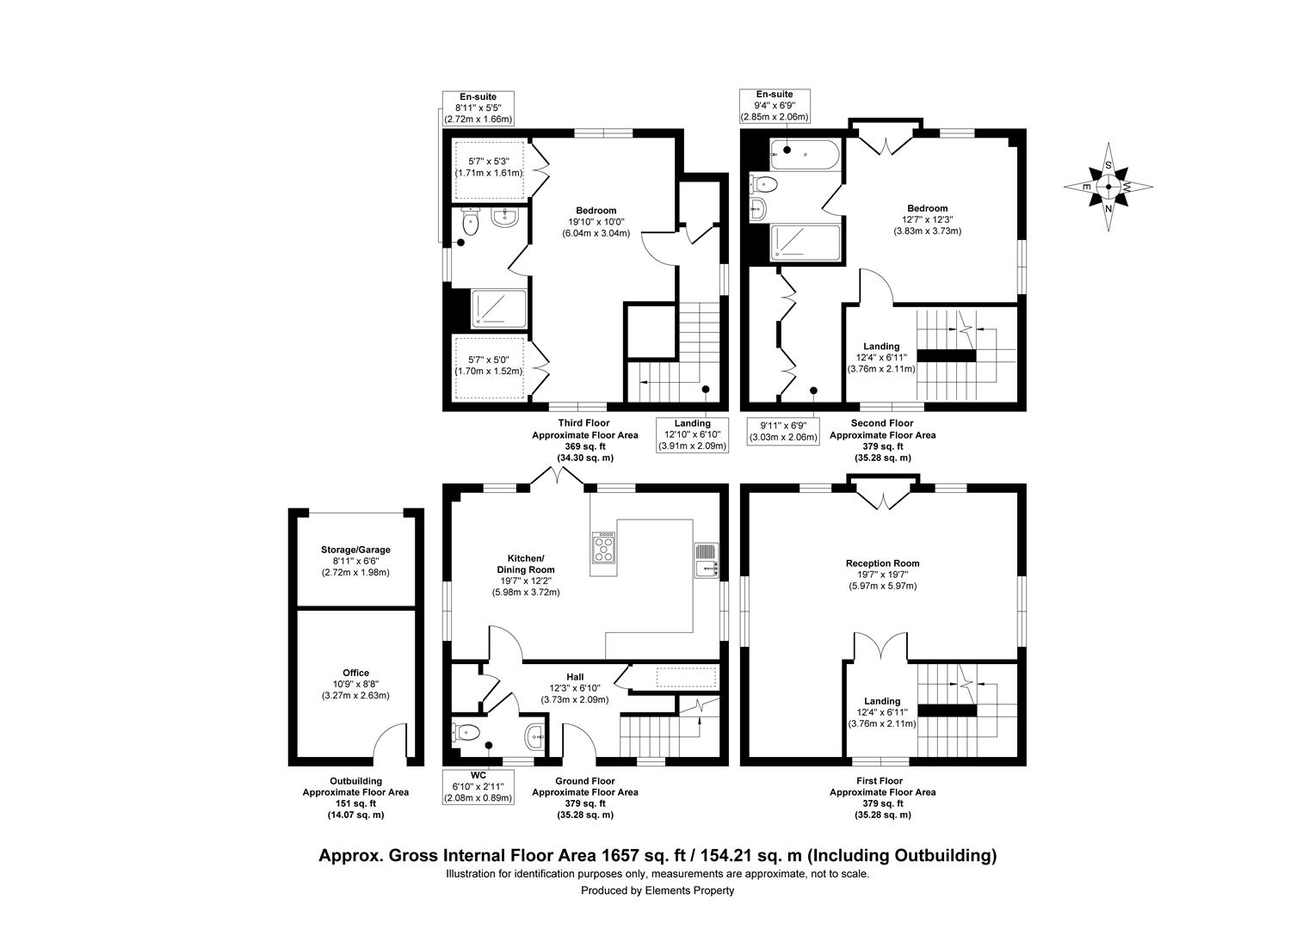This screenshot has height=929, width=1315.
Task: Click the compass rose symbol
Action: tap(1108, 187)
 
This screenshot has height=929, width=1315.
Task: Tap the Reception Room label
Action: tap(882, 563)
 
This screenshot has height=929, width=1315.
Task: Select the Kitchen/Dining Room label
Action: tap(526, 564)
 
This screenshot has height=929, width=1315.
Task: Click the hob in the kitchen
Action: tap(604, 548)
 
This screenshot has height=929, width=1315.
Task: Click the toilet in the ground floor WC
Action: tap(466, 732)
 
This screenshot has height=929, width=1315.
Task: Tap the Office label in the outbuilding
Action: tap(355, 674)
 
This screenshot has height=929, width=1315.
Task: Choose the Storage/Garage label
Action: tap(355, 550)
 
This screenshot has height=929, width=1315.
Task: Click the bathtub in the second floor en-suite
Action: tap(805, 155)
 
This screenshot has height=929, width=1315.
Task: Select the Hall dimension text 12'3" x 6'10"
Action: tap(575, 688)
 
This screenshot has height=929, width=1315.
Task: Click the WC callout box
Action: tap(478, 787)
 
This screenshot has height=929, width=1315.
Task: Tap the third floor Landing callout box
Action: tap(692, 435)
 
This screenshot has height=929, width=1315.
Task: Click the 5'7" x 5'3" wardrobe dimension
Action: tap(489, 162)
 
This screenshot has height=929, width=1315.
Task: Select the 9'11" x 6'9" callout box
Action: tap(782, 431)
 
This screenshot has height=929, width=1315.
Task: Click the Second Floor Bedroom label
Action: tap(927, 208)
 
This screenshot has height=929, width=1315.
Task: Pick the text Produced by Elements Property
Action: tap(657, 890)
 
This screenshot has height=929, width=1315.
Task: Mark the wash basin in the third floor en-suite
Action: tap(505, 218)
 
